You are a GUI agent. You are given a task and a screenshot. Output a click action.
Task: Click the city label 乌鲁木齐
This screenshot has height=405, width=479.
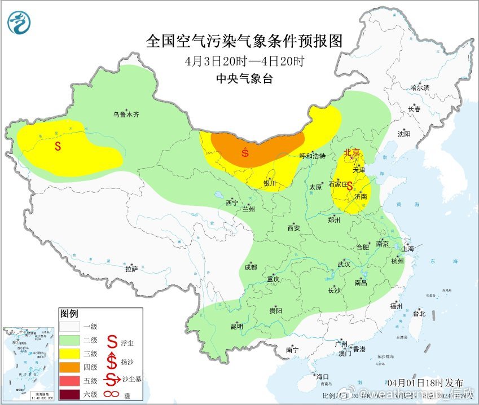pos(125,115)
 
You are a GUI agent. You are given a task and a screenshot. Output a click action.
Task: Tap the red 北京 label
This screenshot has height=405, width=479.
pos(352,152)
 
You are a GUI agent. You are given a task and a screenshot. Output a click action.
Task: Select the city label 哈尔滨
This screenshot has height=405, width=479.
pos(420,87)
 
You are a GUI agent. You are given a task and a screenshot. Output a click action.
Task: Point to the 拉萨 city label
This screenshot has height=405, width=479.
pos(131,270)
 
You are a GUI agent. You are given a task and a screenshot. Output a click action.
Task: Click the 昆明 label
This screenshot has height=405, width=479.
pos(236,326)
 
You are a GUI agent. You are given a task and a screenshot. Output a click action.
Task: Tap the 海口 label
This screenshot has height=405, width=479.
pos(322,376)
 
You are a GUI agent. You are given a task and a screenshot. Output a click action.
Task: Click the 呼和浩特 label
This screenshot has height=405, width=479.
pos(312,156)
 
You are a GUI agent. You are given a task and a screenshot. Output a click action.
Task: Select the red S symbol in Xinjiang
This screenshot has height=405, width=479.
pos(58,146)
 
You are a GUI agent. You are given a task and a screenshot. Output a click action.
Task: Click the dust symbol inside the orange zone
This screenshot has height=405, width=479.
pos(245,152)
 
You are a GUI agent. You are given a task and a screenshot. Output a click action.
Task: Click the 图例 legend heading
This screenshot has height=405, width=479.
pos(69,313)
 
